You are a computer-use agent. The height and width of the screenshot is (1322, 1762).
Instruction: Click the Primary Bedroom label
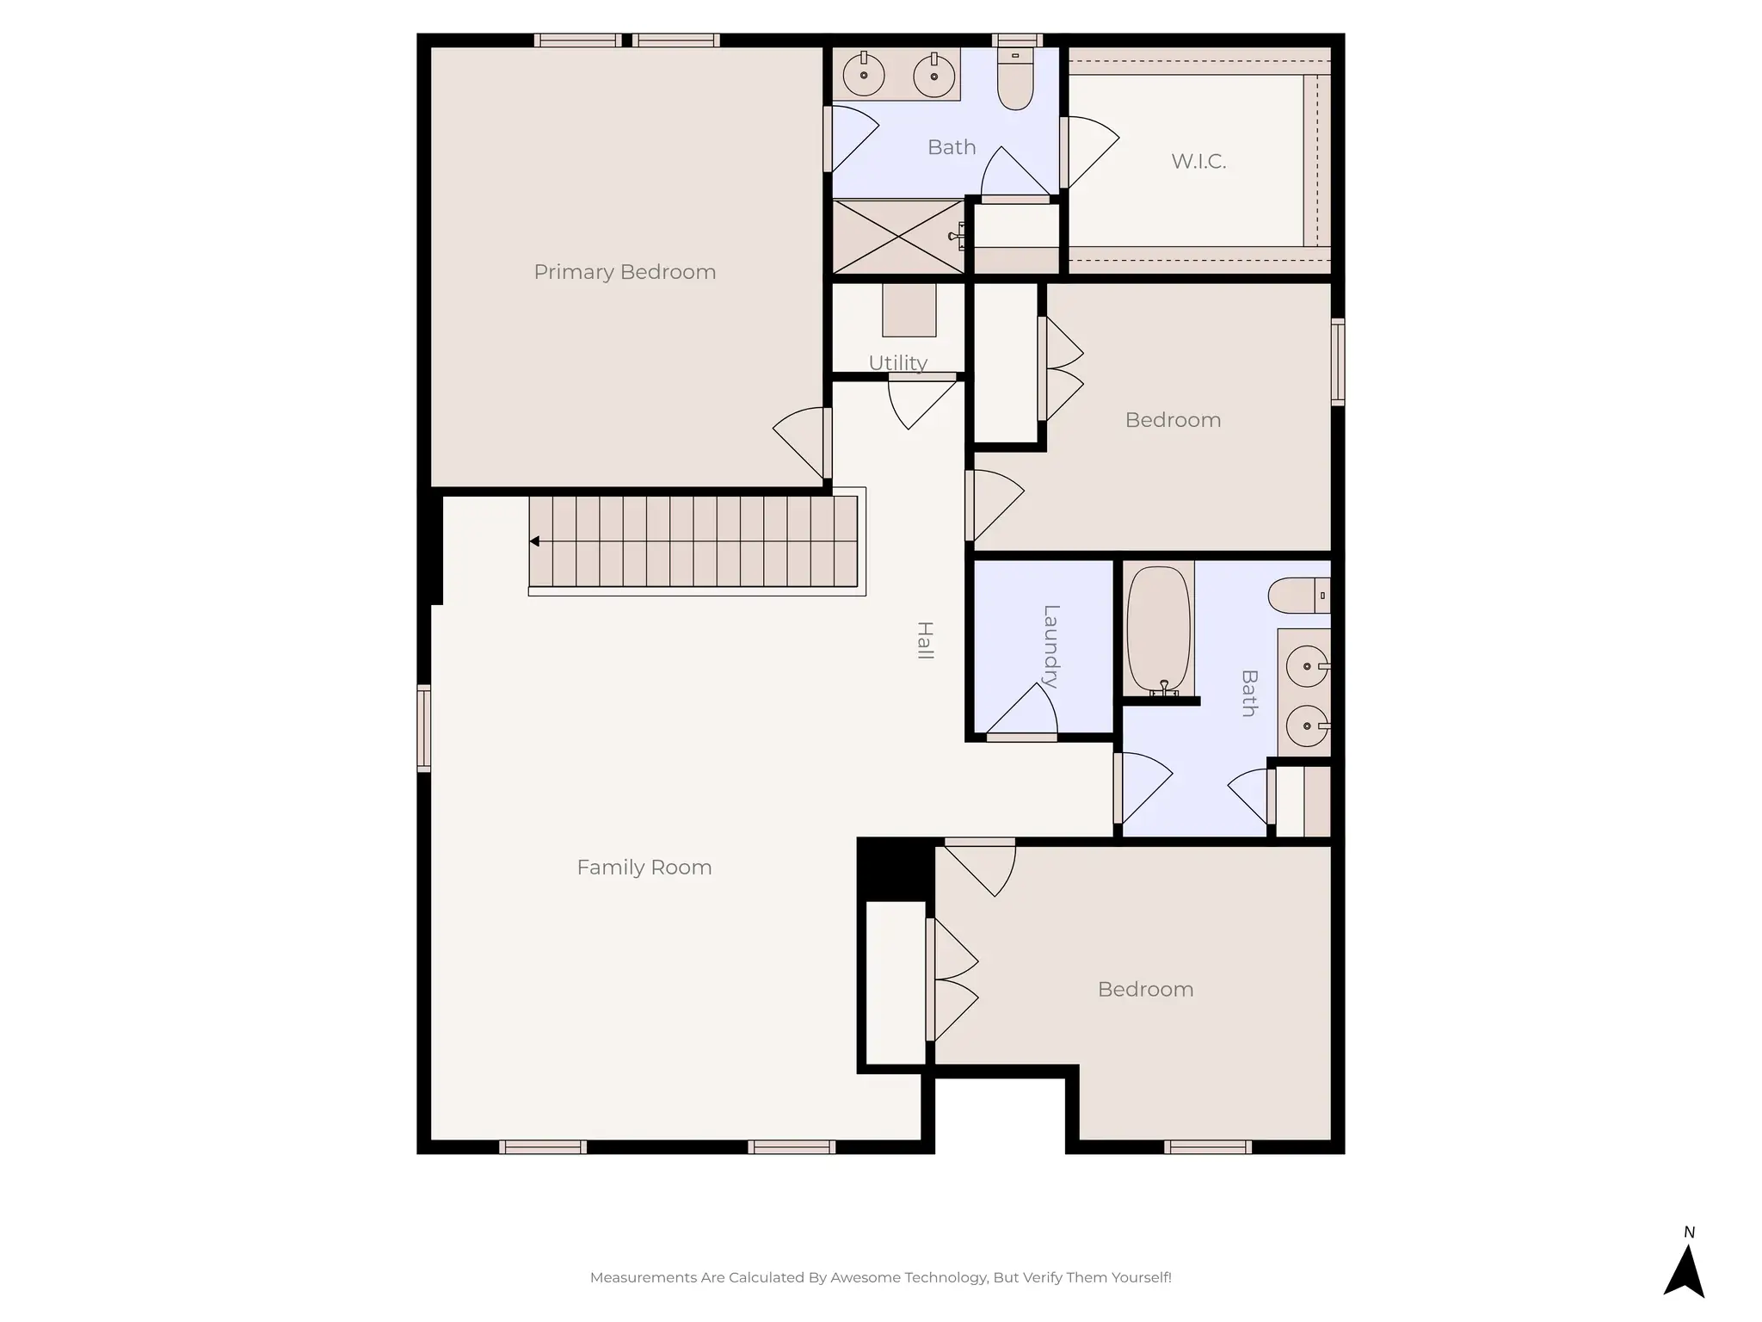click(x=625, y=272)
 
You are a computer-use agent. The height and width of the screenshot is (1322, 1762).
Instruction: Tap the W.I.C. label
click(x=1198, y=161)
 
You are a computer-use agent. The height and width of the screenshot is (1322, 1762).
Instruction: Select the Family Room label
click(x=644, y=867)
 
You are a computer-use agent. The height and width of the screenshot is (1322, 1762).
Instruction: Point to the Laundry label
click(x=1050, y=646)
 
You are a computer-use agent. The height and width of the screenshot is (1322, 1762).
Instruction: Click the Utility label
click(x=897, y=362)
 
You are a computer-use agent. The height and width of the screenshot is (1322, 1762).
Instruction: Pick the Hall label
click(x=925, y=640)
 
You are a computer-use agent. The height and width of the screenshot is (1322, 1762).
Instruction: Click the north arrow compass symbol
click(x=1684, y=1269)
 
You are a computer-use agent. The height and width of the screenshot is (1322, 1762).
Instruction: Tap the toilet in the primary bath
click(x=1015, y=82)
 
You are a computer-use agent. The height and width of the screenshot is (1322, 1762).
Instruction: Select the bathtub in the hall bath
click(x=1158, y=628)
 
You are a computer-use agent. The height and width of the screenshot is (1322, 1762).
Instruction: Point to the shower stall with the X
click(x=897, y=237)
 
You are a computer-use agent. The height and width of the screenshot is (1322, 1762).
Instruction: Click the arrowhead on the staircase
click(x=534, y=541)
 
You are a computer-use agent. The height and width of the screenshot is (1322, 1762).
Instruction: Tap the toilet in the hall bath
click(x=1297, y=595)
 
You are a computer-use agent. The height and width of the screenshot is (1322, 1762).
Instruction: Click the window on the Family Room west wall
click(x=423, y=728)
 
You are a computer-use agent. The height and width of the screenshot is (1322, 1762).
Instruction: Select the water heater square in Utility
click(x=909, y=311)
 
